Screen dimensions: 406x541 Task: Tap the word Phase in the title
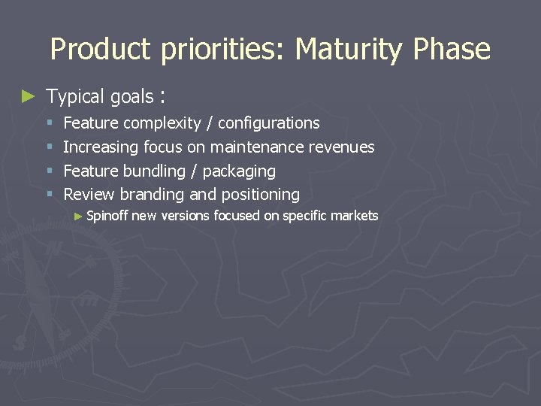click(x=452, y=50)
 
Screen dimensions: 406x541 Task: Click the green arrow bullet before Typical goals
click(x=28, y=96)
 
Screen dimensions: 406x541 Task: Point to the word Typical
click(x=75, y=97)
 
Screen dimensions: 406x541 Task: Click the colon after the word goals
click(x=162, y=98)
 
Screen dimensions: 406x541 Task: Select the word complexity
click(x=162, y=123)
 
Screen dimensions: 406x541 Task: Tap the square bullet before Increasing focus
click(x=50, y=147)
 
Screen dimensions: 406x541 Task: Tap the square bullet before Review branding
click(x=50, y=195)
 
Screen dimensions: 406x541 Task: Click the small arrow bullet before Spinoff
click(x=80, y=217)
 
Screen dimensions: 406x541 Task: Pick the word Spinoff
click(x=108, y=217)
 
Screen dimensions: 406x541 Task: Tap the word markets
click(x=356, y=216)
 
